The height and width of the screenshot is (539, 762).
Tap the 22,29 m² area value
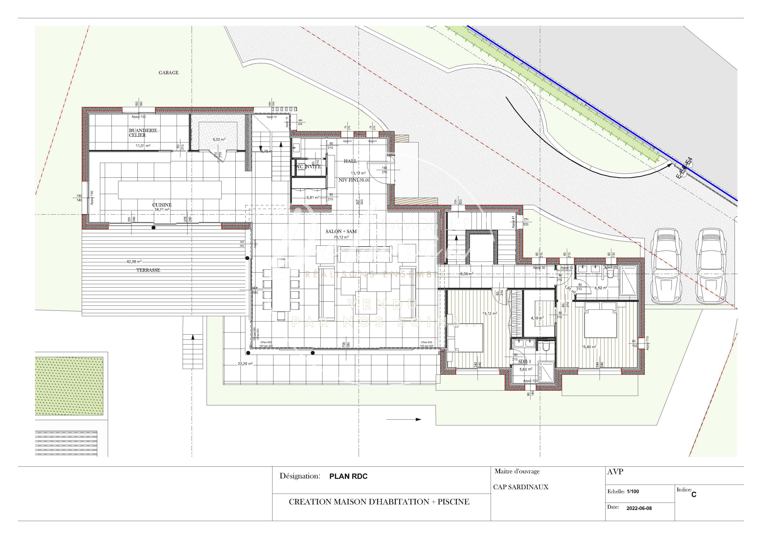pos(245,364)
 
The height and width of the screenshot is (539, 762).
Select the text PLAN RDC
pos(348,476)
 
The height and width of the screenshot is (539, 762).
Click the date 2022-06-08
pos(639,508)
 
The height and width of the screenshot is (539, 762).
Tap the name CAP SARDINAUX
pos(520,487)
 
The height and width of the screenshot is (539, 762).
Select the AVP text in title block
pos(615,472)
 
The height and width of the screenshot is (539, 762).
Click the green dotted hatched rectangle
pos(69,386)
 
